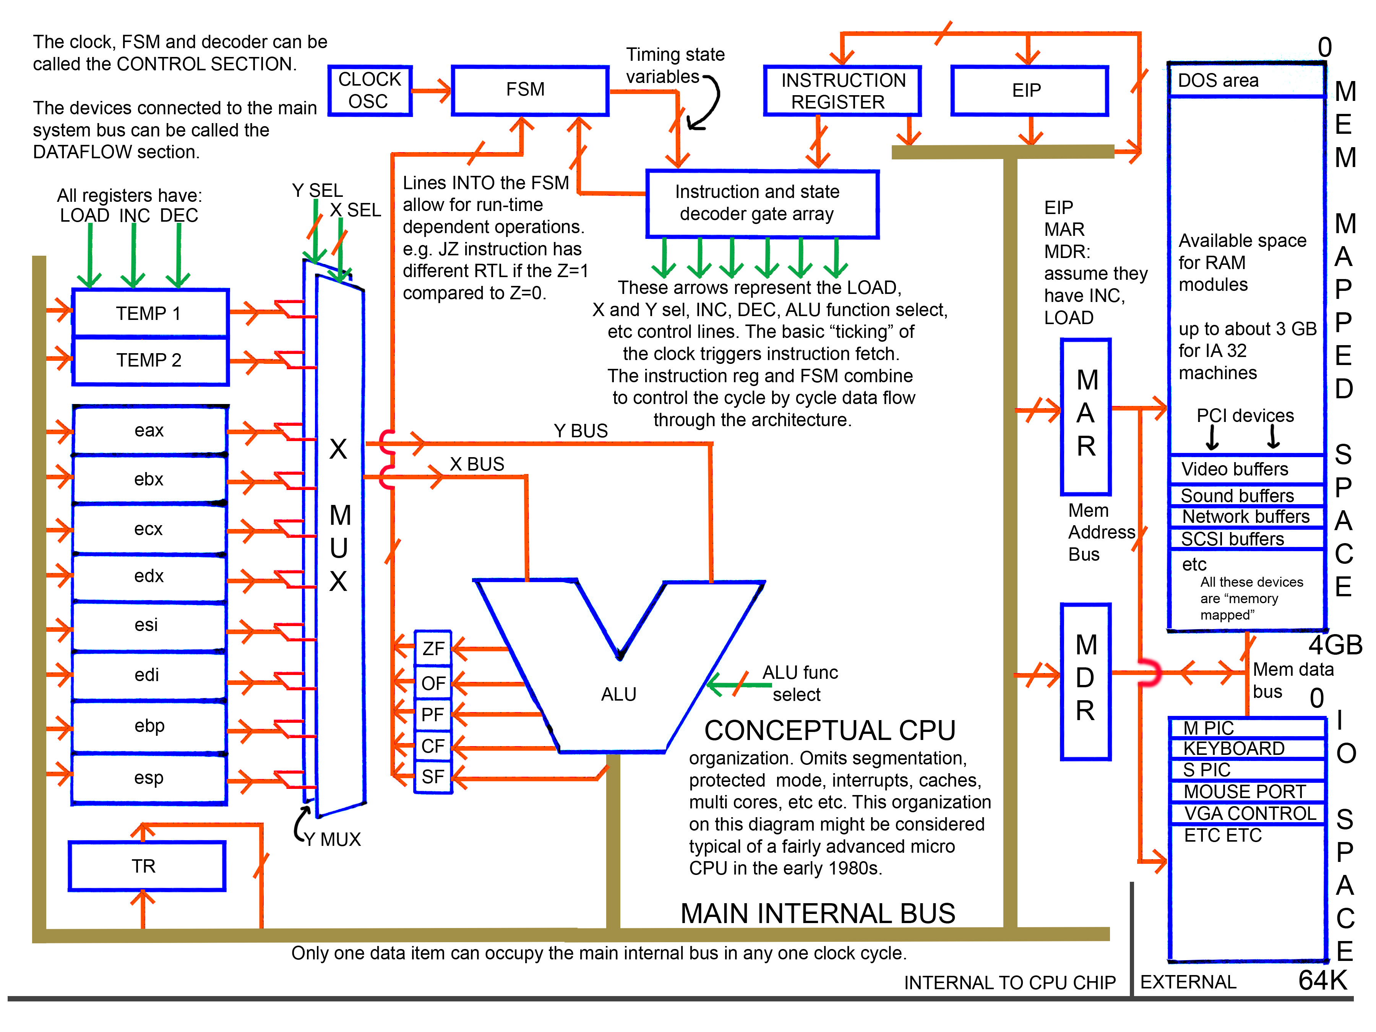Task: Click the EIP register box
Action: click(x=1029, y=91)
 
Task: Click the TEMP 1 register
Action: click(x=150, y=313)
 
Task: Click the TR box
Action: click(x=146, y=866)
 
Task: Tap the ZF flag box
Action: click(x=433, y=649)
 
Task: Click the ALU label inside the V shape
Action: click(x=618, y=694)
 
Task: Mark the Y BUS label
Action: click(x=580, y=430)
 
